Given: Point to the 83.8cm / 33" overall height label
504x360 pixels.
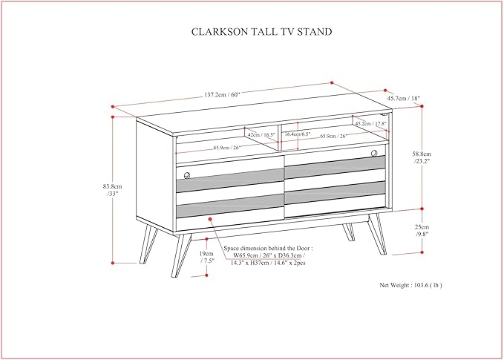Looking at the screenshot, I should pos(113,189).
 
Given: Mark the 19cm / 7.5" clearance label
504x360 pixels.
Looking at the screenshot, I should pos(207,256).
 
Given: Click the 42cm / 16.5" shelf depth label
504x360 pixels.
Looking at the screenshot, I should pos(261,135).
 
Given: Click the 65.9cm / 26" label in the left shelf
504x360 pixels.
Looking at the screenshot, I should pos(226,148).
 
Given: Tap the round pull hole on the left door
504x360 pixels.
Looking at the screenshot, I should pos(186,175).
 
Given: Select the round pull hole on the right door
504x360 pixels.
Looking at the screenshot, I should pos(384,157).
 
